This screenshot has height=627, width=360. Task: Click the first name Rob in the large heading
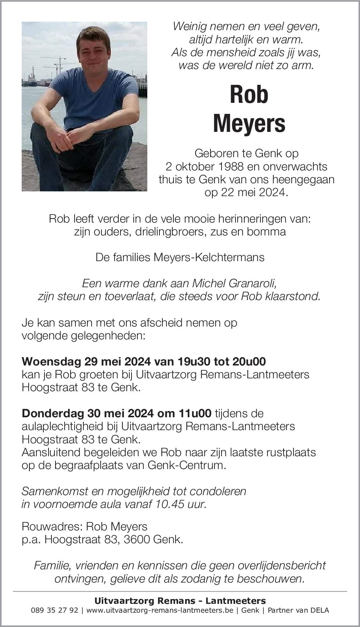(249, 95)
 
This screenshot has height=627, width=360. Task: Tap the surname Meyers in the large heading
(249, 124)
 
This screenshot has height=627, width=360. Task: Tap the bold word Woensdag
(51, 361)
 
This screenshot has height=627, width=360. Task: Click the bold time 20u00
(249, 361)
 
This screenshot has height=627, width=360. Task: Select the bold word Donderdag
(53, 413)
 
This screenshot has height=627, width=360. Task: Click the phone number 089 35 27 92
(55, 610)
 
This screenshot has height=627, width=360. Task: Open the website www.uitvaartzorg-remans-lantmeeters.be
(159, 610)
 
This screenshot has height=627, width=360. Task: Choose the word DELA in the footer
(320, 610)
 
